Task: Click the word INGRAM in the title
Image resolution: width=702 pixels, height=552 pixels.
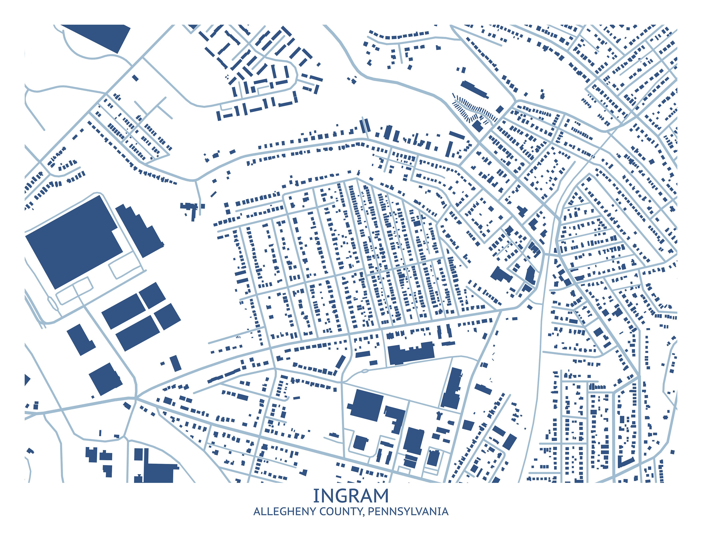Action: tap(351, 496)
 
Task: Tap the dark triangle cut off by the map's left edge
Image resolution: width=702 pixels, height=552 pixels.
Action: tap(27, 380)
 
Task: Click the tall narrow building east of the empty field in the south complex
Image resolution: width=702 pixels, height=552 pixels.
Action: tap(452, 388)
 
